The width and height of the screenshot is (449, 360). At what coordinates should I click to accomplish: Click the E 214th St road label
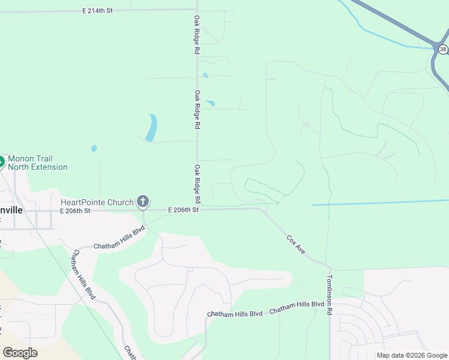pyautogui.click(x=98, y=11)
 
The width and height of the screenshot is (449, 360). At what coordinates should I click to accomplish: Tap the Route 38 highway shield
pyautogui.click(x=443, y=49)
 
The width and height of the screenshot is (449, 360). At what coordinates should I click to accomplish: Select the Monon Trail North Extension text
pyautogui.click(x=37, y=162)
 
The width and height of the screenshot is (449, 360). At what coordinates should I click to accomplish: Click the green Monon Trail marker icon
pyautogui.click(x=1, y=161)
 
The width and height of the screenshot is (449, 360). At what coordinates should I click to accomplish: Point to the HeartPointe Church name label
pyautogui.click(x=97, y=202)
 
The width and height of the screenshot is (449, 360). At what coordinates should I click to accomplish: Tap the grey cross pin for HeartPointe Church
pyautogui.click(x=143, y=201)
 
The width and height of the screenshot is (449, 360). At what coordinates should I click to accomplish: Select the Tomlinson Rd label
pyautogui.click(x=329, y=295)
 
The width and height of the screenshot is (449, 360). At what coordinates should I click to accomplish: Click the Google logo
pyautogui.click(x=20, y=353)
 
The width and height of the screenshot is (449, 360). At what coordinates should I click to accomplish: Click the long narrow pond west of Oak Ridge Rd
pyautogui.click(x=151, y=128)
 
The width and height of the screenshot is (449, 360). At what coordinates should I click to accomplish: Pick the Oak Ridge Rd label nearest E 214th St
pyautogui.click(x=196, y=35)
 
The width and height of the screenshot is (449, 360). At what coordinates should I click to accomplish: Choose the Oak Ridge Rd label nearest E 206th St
pyautogui.click(x=196, y=183)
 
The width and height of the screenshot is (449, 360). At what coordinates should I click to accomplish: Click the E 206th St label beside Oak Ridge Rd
pyautogui.click(x=183, y=209)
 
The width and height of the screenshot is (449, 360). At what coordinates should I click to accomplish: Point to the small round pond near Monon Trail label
pyautogui.click(x=94, y=148)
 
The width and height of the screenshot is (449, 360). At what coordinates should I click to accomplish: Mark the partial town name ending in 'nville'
pyautogui.click(x=12, y=211)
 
